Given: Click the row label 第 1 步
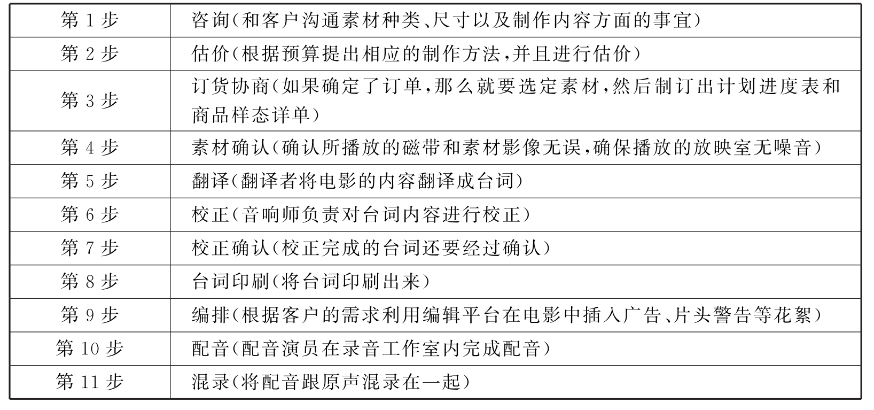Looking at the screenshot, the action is tap(90, 21).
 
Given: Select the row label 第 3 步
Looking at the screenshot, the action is tap(90, 100).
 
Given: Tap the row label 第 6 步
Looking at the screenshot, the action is tap(90, 215).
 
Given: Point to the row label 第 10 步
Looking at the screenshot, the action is tap(90, 349).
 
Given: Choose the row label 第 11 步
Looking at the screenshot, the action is tap(90, 382).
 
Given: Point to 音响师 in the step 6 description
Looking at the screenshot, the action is tap(270, 215).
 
